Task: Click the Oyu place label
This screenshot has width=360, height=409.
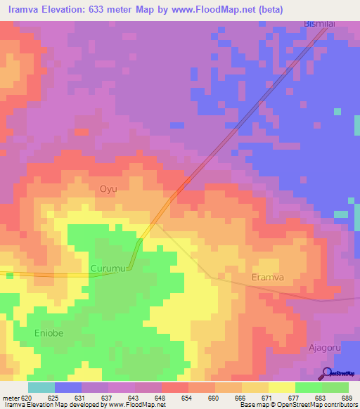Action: (x=108, y=189)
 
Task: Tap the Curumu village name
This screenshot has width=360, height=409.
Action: (x=108, y=268)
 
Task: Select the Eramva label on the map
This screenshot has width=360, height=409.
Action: (x=268, y=278)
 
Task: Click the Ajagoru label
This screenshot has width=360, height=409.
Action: (x=325, y=347)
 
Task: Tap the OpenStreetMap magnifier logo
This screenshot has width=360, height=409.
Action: (x=326, y=372)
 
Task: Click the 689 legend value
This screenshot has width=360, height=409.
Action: (x=347, y=397)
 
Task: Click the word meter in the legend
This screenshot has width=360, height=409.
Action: (x=11, y=397)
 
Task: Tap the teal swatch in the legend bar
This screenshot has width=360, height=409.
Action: (x=41, y=387)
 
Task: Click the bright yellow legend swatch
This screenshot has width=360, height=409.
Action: (x=281, y=387)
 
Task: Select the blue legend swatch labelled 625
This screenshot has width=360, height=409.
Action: (x=68, y=387)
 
